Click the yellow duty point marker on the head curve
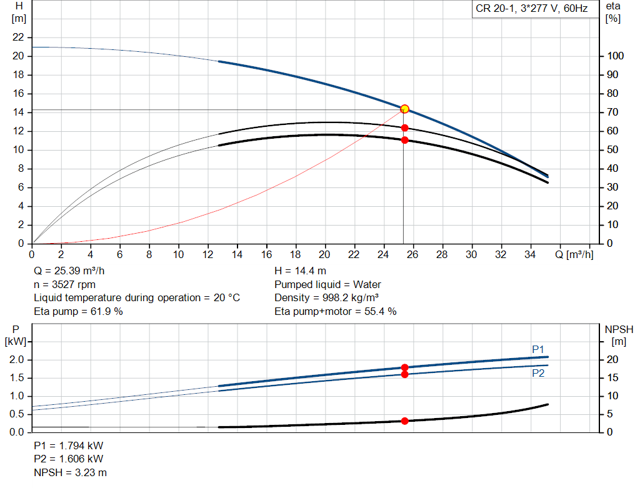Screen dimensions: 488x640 pyautogui.click(x=404, y=109)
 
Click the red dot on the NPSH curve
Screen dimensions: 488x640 pyautogui.click(x=404, y=421)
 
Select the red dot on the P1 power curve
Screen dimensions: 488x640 pyautogui.click(x=404, y=367)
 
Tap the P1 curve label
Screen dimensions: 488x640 pyautogui.click(x=538, y=349)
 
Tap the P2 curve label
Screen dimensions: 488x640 pyautogui.click(x=538, y=373)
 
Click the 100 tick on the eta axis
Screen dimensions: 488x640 pyautogui.click(x=615, y=56)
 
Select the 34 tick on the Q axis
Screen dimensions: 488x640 pyautogui.click(x=530, y=254)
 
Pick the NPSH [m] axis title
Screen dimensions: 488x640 pyautogui.click(x=619, y=334)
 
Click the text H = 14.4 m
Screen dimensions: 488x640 pyautogui.click(x=300, y=271)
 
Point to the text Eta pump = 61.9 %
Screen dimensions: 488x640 pyautogui.click(x=78, y=311)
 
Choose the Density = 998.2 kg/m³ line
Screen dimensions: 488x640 pyautogui.click(x=327, y=297)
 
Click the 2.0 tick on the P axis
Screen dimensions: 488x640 pyautogui.click(x=17, y=360)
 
